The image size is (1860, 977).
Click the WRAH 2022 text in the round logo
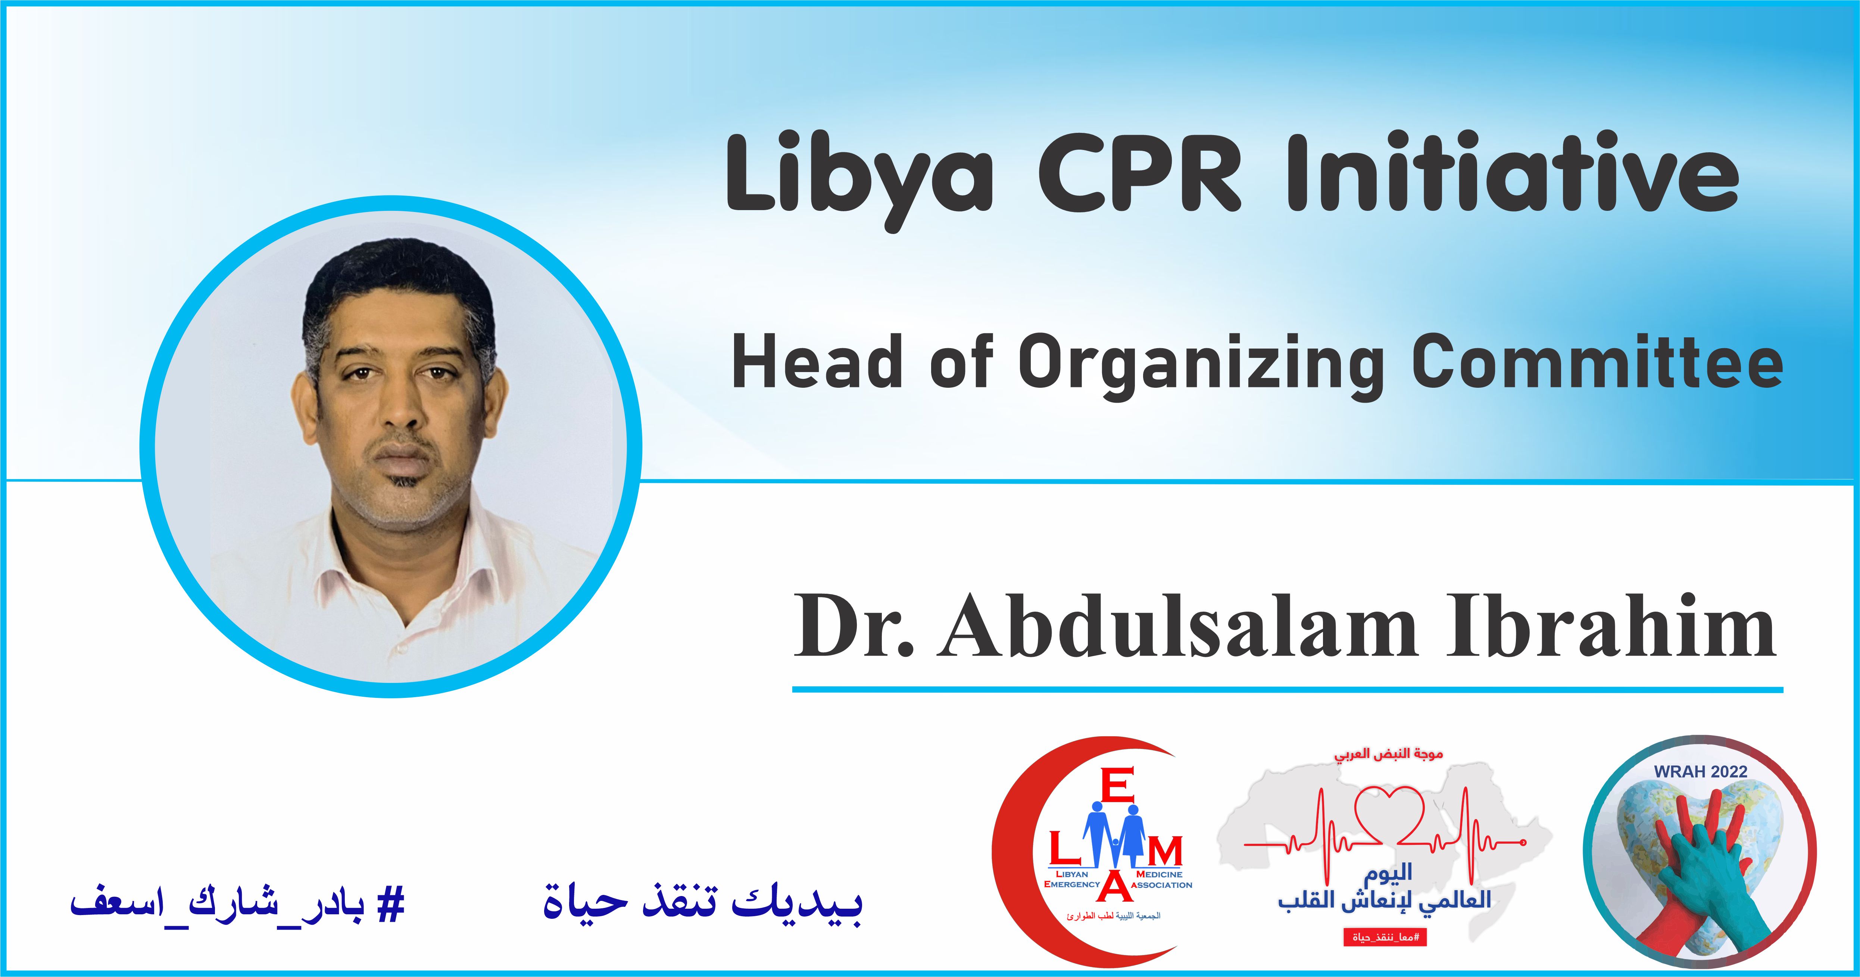click(1700, 771)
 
